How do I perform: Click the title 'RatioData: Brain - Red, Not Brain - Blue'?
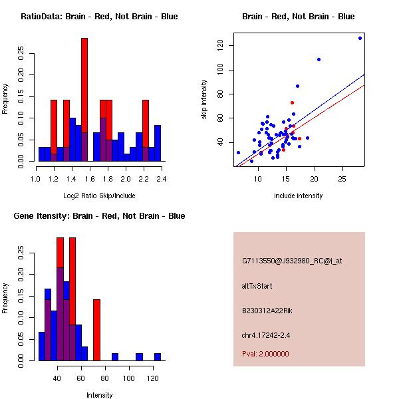[x=99, y=17]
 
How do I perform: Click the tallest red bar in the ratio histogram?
[x=84, y=100]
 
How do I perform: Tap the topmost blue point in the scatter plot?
[x=360, y=38]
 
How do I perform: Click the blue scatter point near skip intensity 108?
[x=319, y=59]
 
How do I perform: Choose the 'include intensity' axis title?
[x=299, y=196]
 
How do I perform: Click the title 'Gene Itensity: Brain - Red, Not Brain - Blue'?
[x=99, y=216]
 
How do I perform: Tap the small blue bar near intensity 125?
[x=158, y=357]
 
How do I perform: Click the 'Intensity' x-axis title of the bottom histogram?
[x=100, y=395]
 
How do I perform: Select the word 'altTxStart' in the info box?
[x=257, y=286]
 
